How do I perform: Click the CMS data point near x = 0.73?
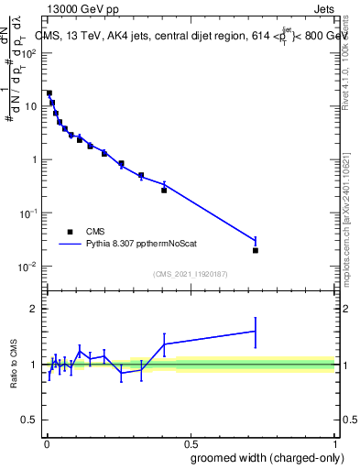256,250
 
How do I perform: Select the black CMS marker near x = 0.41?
164,190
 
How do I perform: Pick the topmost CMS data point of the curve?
49,93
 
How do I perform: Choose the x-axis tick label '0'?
46,442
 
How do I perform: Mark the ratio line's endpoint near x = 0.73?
256,331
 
